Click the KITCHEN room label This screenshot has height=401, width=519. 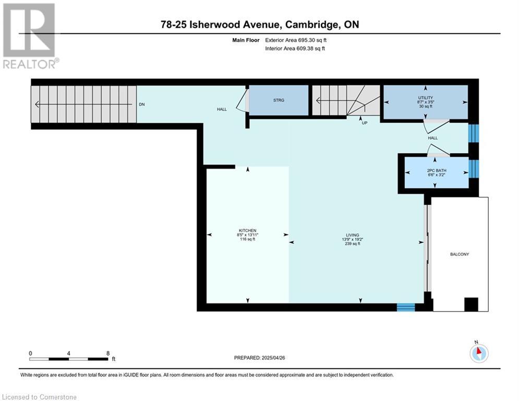pos(248,231)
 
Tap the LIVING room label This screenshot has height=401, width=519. pos(353,235)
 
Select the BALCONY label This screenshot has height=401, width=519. pos(460,254)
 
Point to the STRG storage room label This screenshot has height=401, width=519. pos(279,100)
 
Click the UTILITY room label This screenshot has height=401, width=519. pos(425,98)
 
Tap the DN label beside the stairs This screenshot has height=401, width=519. pos(142,104)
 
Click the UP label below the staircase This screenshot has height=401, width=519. pos(365,123)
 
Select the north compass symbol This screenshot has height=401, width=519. pos(479,353)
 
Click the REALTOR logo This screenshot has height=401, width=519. pos(30,36)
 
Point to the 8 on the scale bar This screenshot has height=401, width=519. pos(108,353)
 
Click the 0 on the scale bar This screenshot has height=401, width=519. pos(30,353)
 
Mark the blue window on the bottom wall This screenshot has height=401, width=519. pos(406,307)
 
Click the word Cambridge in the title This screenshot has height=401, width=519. pos(312,25)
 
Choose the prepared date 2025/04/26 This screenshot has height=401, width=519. pos(273,358)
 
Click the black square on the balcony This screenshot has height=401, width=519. pos(472,304)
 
